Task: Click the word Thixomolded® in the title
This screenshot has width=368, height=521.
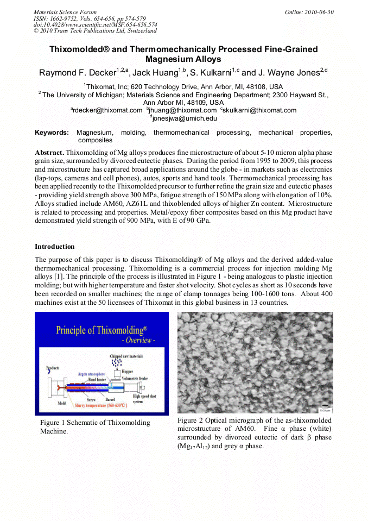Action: click(x=80, y=49)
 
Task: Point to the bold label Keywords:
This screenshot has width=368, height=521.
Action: click(x=52, y=133)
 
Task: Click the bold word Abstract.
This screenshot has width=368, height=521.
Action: click(x=49, y=153)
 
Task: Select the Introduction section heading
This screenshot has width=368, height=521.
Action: click(x=55, y=247)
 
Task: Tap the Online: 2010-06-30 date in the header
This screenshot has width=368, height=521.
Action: click(x=309, y=12)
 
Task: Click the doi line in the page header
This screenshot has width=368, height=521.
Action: click(x=96, y=24)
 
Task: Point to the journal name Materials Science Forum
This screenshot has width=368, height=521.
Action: click(x=65, y=12)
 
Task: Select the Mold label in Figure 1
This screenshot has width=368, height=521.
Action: click(x=62, y=403)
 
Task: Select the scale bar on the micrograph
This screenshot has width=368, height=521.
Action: click(x=326, y=406)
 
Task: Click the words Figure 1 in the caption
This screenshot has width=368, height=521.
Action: click(x=53, y=423)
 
